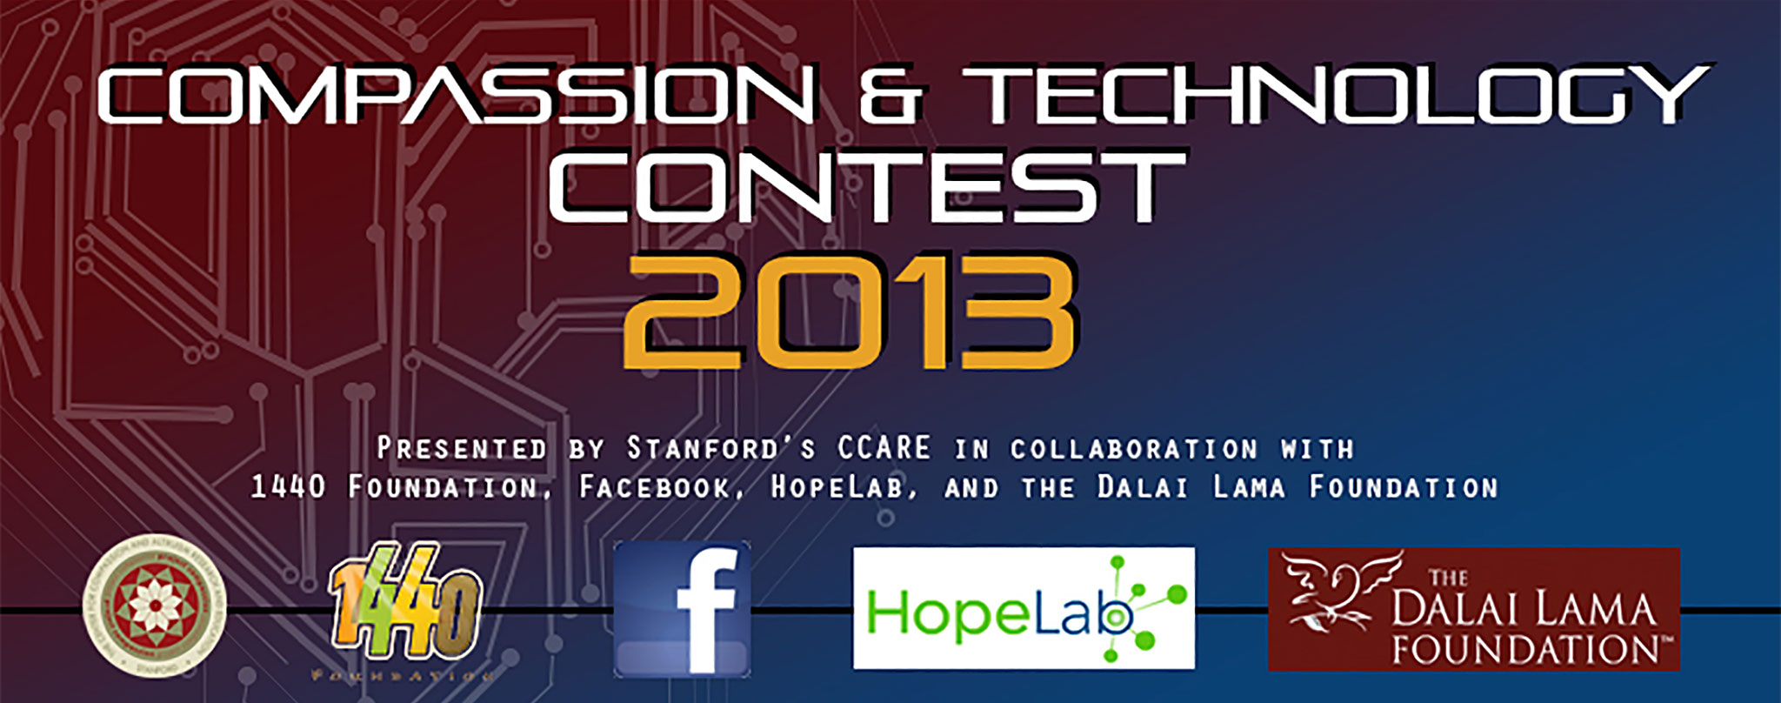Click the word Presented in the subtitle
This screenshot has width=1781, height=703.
[x=462, y=449]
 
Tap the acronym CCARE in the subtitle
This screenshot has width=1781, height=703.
[x=884, y=449]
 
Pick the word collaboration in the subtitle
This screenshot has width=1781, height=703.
[x=1133, y=449]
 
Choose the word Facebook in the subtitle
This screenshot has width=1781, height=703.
[x=656, y=487]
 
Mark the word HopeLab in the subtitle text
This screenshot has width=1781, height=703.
[x=841, y=487]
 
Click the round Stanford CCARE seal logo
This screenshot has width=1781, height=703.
[x=155, y=606]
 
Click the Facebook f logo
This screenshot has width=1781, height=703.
[x=683, y=609]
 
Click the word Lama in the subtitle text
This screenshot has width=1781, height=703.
[x=1249, y=487]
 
